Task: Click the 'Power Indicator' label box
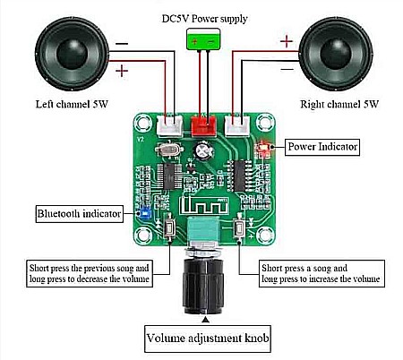pyautogui.click(x=322, y=145)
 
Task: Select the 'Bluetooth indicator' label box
pyautogui.click(x=74, y=214)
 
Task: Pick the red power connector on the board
pyautogui.click(x=205, y=124)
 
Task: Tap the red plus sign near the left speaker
pyautogui.click(x=122, y=68)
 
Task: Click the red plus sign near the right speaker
pyautogui.click(x=286, y=40)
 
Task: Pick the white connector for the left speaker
pyautogui.click(x=168, y=126)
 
